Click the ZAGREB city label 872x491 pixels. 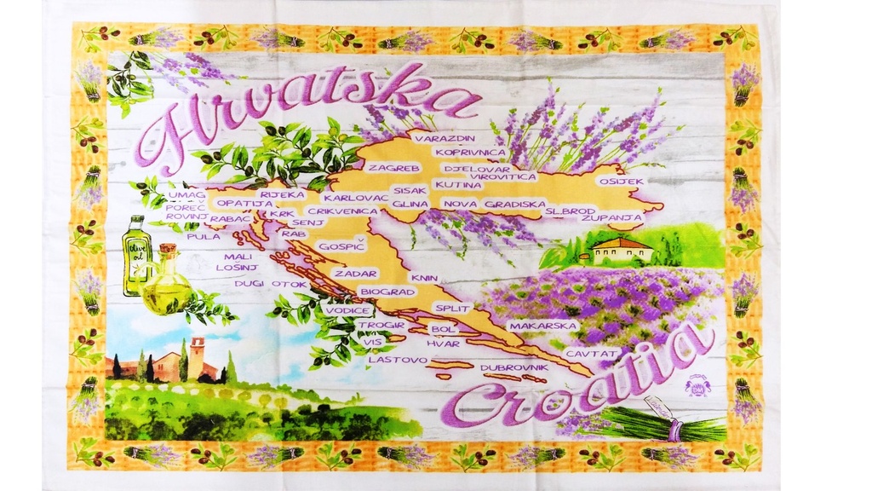(394, 168)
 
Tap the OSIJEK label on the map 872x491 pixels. (622, 182)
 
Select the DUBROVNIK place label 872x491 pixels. (512, 367)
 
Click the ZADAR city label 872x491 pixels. (349, 274)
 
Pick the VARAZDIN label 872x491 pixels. (445, 137)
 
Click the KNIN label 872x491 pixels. (423, 278)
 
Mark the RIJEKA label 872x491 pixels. (283, 194)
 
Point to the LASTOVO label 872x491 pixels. (397, 359)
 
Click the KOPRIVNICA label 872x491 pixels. (470, 153)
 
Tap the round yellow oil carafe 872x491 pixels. (167, 290)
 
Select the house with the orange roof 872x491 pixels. (622, 249)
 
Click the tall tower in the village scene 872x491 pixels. (197, 356)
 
